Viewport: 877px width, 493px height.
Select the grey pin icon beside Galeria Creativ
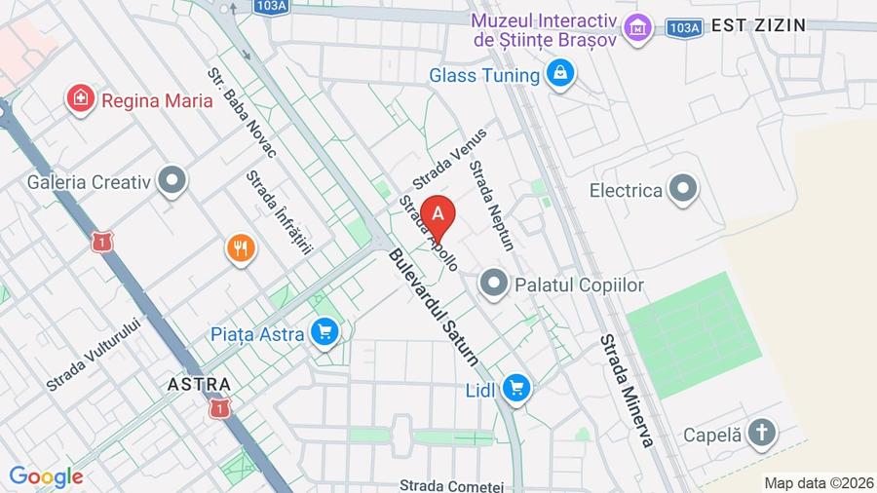coord(172,181)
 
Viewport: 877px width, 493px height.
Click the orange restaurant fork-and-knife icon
coord(241,248)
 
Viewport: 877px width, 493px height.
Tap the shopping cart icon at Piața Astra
coord(324,334)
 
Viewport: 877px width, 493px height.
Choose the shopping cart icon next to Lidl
coord(515,390)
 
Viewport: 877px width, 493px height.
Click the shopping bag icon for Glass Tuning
coord(559,74)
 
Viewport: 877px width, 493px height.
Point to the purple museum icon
coord(637,29)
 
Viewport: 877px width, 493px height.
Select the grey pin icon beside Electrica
coord(683,190)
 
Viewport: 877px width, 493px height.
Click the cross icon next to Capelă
coord(762,434)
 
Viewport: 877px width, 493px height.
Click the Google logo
coord(46,477)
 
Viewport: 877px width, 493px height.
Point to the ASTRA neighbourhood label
coord(199,384)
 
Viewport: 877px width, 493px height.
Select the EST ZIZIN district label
coord(759,25)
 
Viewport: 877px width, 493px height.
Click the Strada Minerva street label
coord(627,391)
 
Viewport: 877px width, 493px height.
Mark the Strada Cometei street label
coord(451,485)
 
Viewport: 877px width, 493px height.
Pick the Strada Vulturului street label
coord(94,356)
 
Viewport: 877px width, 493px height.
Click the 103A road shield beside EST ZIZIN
coord(684,27)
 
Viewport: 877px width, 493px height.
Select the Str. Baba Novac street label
coord(243,112)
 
